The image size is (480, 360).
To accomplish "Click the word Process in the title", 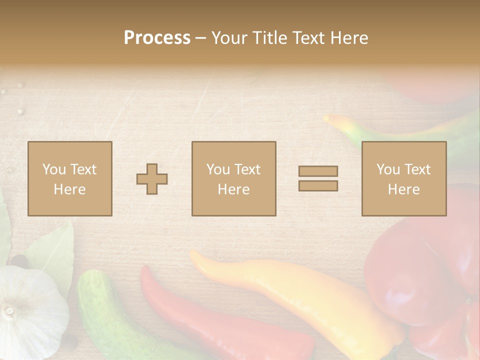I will point(157,38).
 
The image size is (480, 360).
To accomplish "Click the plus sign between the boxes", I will point(152,179).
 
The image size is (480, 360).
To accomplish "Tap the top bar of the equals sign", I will point(318,171).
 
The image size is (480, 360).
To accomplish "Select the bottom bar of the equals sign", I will point(318,186).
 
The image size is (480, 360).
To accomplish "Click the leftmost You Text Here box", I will point(70,178).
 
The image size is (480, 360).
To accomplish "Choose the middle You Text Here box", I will point(233,178).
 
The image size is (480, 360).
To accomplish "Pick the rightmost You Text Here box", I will point(404,178).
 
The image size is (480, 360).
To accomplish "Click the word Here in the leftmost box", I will point(70,189).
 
